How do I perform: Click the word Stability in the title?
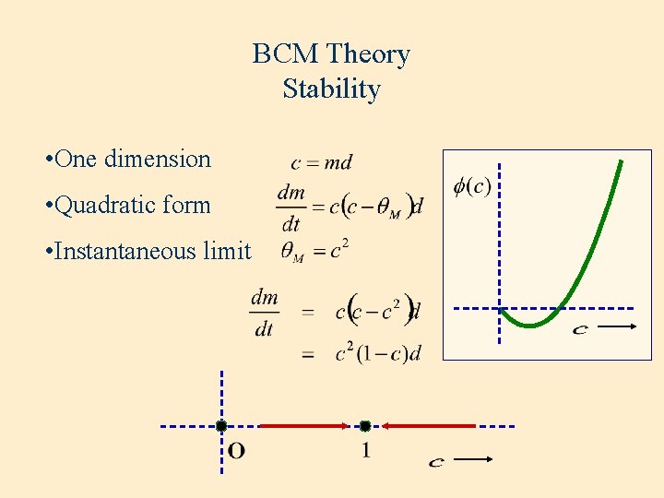pyautogui.click(x=331, y=89)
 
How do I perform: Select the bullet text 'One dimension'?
pyautogui.click(x=133, y=159)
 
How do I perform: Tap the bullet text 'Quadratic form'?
pyautogui.click(x=133, y=205)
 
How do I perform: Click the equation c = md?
pyautogui.click(x=321, y=163)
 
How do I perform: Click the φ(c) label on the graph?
pyautogui.click(x=472, y=186)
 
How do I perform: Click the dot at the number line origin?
pyautogui.click(x=221, y=426)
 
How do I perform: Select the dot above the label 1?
pyautogui.click(x=365, y=426)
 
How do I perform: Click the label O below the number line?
pyautogui.click(x=236, y=451)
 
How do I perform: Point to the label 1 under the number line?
pyautogui.click(x=366, y=451)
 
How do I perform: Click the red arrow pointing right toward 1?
pyautogui.click(x=304, y=426)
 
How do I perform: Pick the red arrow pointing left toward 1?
pyautogui.click(x=429, y=426)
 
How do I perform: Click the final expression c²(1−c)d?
pyautogui.click(x=378, y=352)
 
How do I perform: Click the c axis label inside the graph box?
pyautogui.click(x=579, y=328)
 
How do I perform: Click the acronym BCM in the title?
pyautogui.click(x=282, y=54)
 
